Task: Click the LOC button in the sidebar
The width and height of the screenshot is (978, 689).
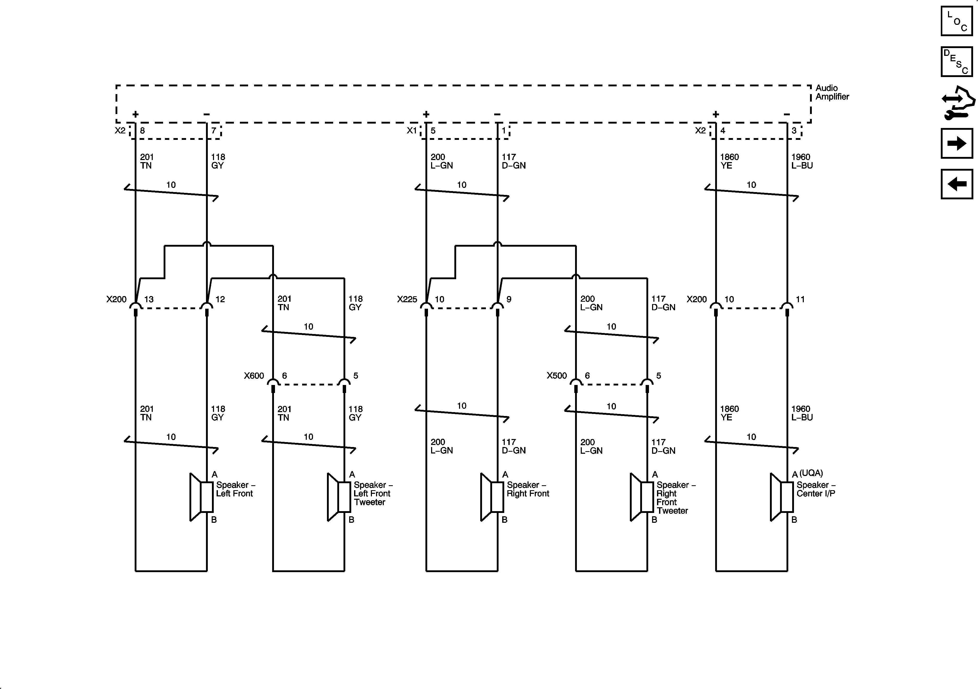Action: pyautogui.click(x=957, y=21)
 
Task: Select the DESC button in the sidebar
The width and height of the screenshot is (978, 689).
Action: pyautogui.click(x=957, y=62)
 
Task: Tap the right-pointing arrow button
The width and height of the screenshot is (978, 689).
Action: pyautogui.click(x=957, y=143)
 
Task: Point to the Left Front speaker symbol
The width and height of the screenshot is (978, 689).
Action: pyautogui.click(x=201, y=497)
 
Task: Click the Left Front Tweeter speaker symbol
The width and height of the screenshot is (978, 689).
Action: pyautogui.click(x=339, y=497)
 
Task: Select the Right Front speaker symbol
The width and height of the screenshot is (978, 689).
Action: pyautogui.click(x=492, y=497)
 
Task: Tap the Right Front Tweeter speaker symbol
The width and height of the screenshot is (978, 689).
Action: pyautogui.click(x=641, y=497)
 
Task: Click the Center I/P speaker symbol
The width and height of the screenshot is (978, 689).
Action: pyautogui.click(x=781, y=497)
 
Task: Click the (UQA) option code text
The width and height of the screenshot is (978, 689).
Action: pyautogui.click(x=811, y=473)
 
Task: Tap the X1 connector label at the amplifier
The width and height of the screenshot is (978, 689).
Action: pyautogui.click(x=411, y=130)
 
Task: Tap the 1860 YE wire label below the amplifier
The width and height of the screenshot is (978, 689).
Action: pyautogui.click(x=729, y=161)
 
